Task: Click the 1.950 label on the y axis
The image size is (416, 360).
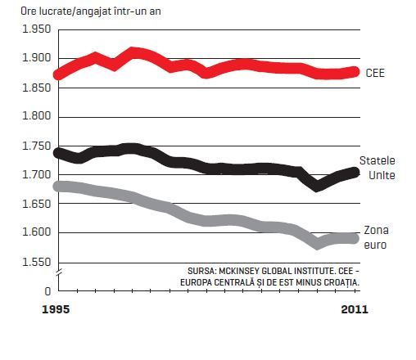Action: [x=36, y=29]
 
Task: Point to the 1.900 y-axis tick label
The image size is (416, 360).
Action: [x=36, y=58]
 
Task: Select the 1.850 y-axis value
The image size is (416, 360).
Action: [x=36, y=88]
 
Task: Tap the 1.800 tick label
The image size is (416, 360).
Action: [x=36, y=116]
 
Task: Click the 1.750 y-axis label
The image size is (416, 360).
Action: [x=36, y=146]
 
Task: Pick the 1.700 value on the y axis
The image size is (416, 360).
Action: [x=36, y=175]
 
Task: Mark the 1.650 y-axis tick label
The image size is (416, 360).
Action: [x=36, y=204]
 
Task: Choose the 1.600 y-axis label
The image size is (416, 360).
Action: [x=36, y=232]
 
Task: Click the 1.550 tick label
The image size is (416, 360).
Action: [x=36, y=262]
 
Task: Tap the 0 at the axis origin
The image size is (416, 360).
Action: [x=47, y=291]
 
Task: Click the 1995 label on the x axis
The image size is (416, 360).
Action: [x=56, y=309]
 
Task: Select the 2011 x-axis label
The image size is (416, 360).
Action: [x=355, y=309]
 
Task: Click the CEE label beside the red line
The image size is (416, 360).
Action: [x=375, y=73]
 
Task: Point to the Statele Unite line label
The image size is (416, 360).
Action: [x=378, y=168]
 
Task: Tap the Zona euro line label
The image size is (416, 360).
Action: [x=376, y=237]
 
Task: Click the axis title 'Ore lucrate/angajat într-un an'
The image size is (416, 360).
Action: [x=91, y=11]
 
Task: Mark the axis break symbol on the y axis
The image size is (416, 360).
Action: [x=59, y=272]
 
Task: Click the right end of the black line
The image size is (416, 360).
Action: [x=355, y=173]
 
